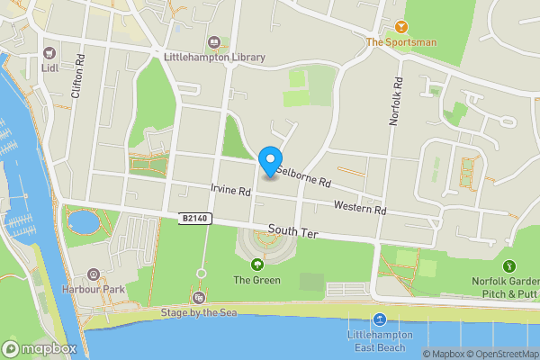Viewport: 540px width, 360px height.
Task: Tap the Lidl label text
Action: tap(49, 65)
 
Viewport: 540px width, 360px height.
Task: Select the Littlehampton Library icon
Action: tap(214, 41)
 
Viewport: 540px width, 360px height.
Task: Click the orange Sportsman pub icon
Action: tap(400, 26)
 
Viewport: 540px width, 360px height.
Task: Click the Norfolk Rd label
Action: tap(394, 98)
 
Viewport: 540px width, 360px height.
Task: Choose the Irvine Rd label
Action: tap(229, 189)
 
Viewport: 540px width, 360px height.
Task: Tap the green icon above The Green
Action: tap(257, 265)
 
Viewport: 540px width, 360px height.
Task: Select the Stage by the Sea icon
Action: tap(199, 297)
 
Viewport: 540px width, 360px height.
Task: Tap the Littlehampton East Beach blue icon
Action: tap(379, 319)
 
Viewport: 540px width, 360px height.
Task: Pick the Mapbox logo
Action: tap(39, 348)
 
